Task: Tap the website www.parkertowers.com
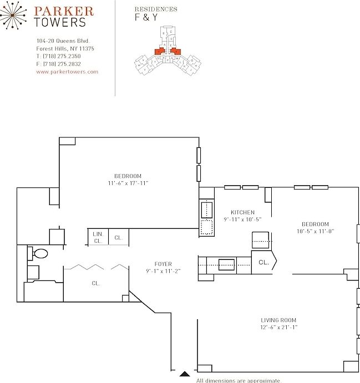tap(67, 72)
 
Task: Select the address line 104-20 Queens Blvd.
tap(63, 41)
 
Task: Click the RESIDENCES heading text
tap(156, 9)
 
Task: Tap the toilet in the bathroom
tap(39, 254)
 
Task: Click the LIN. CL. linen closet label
tap(98, 237)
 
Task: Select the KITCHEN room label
tap(242, 212)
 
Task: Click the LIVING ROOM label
tap(278, 320)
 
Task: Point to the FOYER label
tap(163, 264)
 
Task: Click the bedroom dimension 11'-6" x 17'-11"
tap(128, 183)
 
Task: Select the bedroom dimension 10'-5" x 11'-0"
tap(315, 231)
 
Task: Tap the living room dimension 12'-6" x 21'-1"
tap(278, 327)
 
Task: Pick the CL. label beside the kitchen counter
tap(263, 263)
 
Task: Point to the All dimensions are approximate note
tap(239, 380)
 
